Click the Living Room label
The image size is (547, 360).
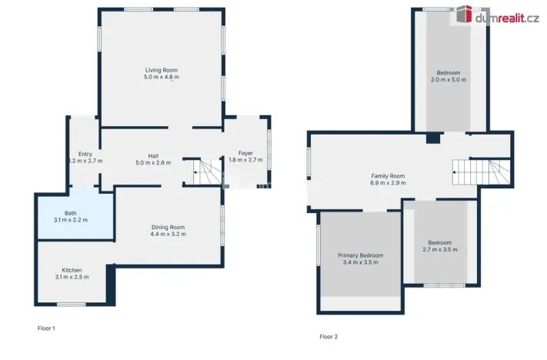click(162, 70)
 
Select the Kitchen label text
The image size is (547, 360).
click(72, 270)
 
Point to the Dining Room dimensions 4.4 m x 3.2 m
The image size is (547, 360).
click(168, 234)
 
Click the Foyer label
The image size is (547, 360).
click(245, 153)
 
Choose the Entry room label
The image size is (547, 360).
click(85, 154)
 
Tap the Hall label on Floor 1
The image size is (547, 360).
click(152, 155)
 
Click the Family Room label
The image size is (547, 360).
click(388, 176)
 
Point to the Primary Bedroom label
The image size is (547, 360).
click(360, 255)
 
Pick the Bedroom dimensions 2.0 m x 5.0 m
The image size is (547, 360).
click(448, 80)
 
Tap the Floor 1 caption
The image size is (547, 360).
click(47, 328)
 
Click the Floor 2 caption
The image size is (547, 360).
click(329, 337)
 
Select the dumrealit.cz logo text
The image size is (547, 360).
click(506, 17)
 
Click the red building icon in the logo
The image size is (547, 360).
click(464, 15)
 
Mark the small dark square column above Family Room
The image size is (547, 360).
click(433, 138)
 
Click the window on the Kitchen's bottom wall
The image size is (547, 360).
click(72, 305)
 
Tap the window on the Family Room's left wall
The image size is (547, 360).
click(309, 162)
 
